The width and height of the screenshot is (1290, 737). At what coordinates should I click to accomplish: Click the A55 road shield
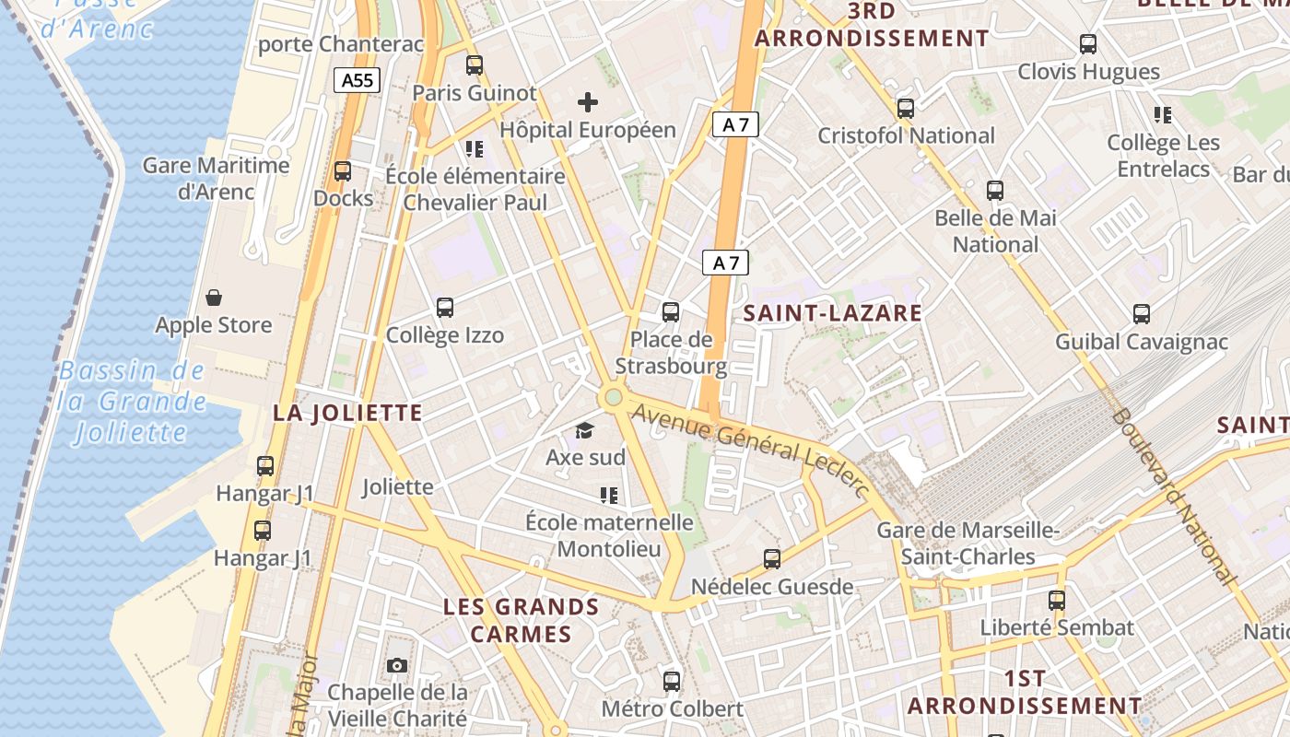pos(357,80)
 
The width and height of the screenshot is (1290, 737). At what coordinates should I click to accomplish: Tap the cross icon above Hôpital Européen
pos(587,101)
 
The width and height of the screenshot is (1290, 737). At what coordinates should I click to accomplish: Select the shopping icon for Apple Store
pos(214,297)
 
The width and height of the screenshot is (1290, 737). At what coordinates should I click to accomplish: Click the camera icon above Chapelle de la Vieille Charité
pos(396,665)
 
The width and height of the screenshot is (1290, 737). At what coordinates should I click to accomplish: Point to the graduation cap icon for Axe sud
pos(584,430)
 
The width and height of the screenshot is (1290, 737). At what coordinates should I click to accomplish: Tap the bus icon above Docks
pos(343,170)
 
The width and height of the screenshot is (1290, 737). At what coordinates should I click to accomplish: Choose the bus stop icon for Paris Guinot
pos(475,65)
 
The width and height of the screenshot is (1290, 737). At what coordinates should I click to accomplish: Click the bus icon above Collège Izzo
pos(445,308)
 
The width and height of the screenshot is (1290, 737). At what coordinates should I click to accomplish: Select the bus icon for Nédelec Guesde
pos(772,558)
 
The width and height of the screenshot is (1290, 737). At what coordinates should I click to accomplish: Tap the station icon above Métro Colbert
pos(672,682)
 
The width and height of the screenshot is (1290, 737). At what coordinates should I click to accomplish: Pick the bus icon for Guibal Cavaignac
pos(1142,314)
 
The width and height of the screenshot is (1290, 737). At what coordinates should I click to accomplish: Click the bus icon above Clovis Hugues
pos(1088,43)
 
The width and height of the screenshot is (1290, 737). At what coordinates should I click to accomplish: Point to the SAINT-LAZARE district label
pos(832,313)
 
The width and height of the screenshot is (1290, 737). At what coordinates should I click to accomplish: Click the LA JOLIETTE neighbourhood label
pos(347,413)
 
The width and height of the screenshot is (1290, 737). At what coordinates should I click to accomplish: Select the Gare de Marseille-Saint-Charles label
pos(967,544)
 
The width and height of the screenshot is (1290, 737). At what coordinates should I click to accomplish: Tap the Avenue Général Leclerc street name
pos(752,450)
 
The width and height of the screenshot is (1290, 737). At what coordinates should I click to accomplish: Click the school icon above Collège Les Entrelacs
pos(1163,115)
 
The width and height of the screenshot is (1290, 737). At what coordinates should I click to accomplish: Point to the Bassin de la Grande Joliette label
pos(132,402)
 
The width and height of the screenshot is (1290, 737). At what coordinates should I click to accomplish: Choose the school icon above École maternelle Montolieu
pos(608,496)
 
